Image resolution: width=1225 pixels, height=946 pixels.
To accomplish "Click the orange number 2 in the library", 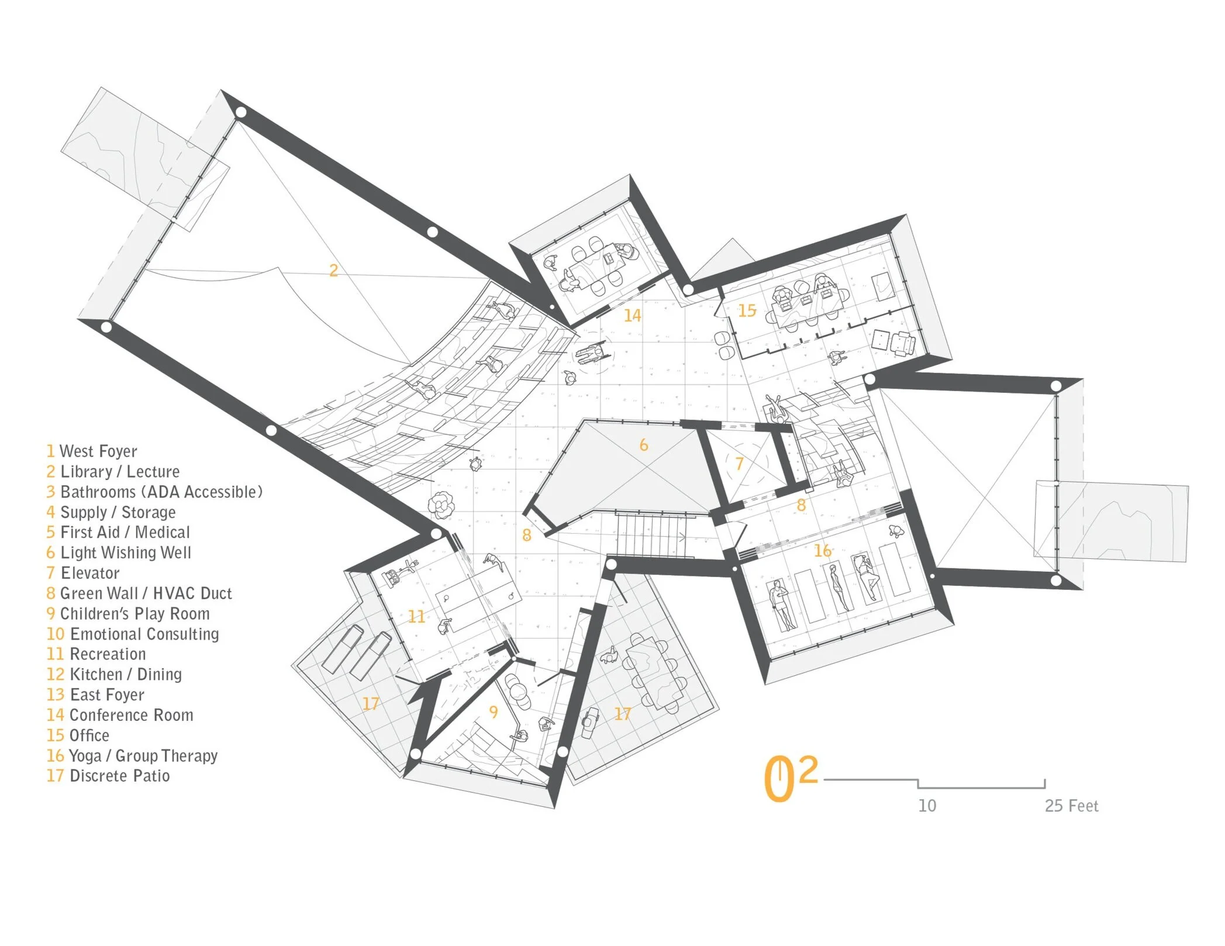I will [333, 271].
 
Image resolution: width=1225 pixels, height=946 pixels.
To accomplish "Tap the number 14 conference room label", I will [632, 316].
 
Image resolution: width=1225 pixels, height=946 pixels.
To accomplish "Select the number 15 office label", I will [747, 310].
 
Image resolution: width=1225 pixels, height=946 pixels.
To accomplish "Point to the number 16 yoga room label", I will [822, 551].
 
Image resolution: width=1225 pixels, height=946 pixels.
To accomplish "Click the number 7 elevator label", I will [739, 464].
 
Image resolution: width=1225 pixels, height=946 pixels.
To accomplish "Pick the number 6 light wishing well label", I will [643, 445].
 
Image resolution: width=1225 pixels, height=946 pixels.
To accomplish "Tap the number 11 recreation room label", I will [416, 617].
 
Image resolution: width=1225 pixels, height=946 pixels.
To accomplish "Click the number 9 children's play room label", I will [494, 712].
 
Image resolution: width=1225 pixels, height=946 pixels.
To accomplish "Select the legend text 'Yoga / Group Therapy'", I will [143, 756].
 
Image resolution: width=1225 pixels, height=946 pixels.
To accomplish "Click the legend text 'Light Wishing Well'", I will [125, 553].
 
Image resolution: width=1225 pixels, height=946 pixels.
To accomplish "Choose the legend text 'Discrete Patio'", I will [119, 776].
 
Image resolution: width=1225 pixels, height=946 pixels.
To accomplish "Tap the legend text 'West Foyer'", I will [98, 451].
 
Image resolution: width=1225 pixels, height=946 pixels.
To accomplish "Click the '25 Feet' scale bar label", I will [1071, 806].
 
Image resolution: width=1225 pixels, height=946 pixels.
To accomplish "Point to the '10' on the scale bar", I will [927, 806].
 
